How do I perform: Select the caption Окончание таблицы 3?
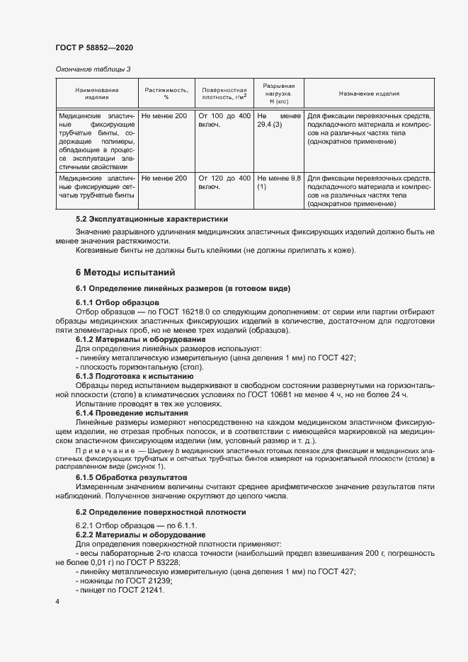tap(93, 69)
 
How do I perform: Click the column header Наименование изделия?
tap(97, 93)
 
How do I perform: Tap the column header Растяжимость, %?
tap(166, 93)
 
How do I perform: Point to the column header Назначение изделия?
tap(369, 93)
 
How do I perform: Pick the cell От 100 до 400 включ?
tap(224, 120)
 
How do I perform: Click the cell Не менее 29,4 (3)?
tap(279, 120)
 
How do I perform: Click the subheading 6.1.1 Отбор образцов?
tap(113, 302)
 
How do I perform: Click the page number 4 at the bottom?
tap(57, 602)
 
